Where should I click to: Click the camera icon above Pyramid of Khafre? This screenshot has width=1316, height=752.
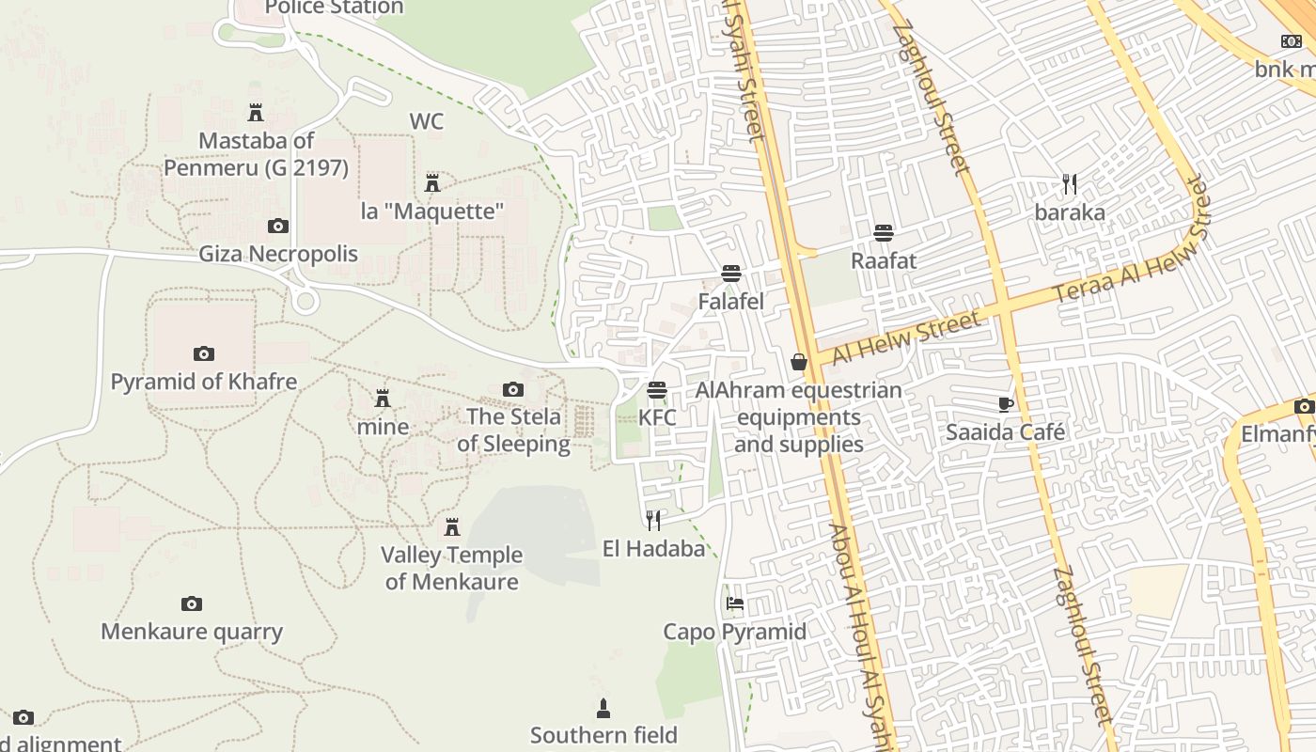pos(203,353)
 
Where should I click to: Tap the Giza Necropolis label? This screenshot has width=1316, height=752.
pos(278,254)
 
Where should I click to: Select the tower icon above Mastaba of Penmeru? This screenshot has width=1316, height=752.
pos(255,113)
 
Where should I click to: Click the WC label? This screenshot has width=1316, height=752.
pos(426,121)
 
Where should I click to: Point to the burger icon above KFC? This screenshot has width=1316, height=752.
pos(657,389)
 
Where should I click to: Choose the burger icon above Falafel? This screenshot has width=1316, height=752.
pos(731,274)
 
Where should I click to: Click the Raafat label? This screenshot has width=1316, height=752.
pos(883,260)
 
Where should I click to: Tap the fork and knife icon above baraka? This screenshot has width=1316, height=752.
pos(1069,183)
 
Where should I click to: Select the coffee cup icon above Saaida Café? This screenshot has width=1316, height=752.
pos(1005,404)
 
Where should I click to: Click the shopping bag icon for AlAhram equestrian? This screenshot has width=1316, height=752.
pos(799,362)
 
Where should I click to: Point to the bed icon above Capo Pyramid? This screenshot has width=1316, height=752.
pos(735,603)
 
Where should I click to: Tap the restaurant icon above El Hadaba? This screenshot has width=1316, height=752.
pos(653,520)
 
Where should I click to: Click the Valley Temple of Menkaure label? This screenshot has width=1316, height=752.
pos(451,568)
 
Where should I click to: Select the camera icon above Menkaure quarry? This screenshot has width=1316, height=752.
pos(192,603)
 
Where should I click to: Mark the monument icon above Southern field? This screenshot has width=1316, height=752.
pos(603,708)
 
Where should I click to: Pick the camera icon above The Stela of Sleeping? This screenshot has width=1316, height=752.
pos(513,389)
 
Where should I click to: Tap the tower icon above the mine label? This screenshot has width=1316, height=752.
pos(383,399)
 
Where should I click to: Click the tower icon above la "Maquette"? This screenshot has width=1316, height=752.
pos(432,182)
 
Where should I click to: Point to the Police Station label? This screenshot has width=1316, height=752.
pos(334,8)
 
